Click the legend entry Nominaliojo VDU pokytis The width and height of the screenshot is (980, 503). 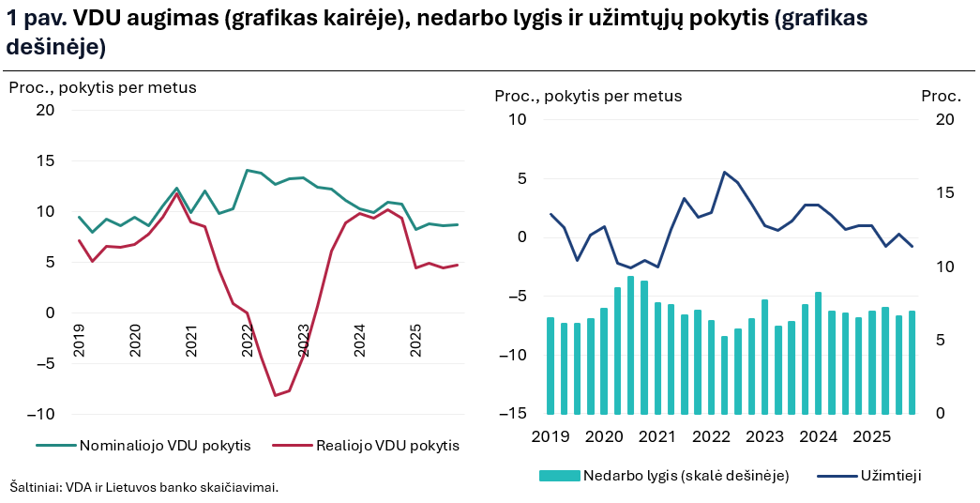(165, 446)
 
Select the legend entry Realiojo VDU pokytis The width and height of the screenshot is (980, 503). (387, 446)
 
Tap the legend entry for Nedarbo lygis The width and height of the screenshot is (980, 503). (686, 476)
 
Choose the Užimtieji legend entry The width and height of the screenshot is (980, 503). (890, 476)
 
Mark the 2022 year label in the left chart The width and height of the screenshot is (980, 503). (248, 340)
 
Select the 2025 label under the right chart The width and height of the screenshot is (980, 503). (872, 436)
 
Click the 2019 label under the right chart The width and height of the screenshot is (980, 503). (550, 436)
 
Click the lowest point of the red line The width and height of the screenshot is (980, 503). (275, 395)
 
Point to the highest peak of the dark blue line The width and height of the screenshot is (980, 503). (724, 172)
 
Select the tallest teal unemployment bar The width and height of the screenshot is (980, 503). (630, 345)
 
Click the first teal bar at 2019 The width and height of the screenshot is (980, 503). (550, 366)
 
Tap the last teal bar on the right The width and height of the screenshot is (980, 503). (912, 362)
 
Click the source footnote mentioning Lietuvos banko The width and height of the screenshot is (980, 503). (144, 487)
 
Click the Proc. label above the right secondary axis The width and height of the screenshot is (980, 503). (941, 96)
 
